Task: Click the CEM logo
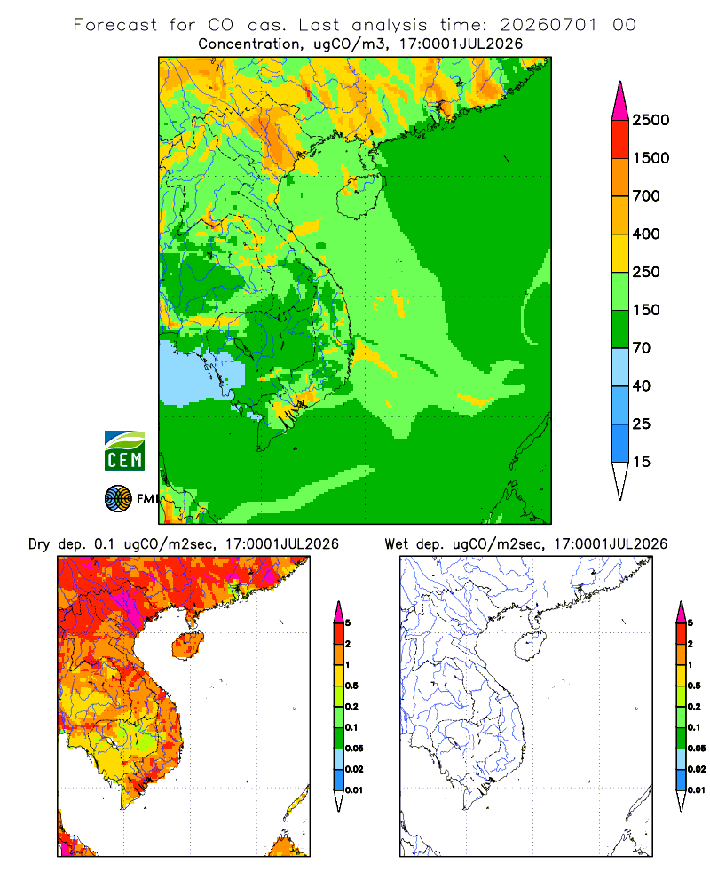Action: click(124, 451)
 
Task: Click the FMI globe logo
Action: click(118, 499)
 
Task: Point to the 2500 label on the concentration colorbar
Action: click(651, 120)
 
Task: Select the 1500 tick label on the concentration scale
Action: click(651, 158)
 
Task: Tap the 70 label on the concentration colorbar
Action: click(642, 348)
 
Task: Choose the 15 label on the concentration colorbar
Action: click(642, 462)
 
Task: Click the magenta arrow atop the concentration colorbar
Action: click(620, 101)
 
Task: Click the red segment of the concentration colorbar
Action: click(620, 139)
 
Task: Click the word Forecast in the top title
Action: click(115, 25)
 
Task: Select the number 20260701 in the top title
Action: click(548, 25)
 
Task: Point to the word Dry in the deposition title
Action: click(39, 544)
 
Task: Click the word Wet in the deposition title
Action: click(396, 544)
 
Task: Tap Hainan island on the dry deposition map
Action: click(187, 645)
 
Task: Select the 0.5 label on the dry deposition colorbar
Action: click(351, 686)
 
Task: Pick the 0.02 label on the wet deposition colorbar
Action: click(697, 769)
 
